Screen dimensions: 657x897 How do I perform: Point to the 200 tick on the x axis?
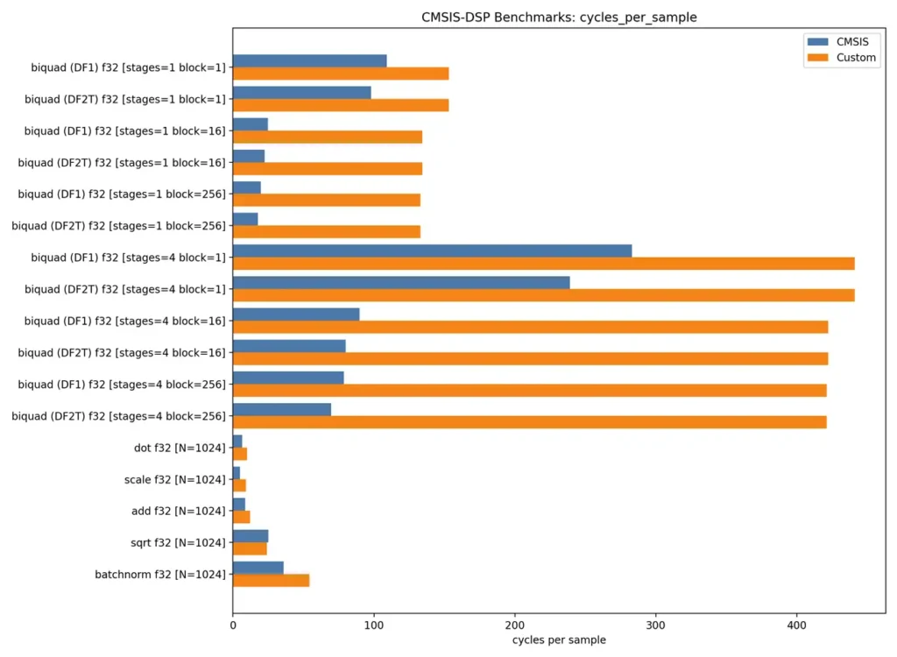515,626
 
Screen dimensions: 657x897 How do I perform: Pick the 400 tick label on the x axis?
796,626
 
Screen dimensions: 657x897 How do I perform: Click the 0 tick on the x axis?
233,626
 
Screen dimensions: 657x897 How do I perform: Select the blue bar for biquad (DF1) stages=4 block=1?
432,251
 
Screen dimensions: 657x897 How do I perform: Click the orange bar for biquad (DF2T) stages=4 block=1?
543,295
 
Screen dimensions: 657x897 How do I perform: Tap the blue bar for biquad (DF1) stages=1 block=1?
309,60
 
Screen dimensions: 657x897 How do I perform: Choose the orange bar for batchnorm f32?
271,580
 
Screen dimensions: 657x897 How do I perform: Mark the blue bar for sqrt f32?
251,535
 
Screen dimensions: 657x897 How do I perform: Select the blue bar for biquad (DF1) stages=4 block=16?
296,314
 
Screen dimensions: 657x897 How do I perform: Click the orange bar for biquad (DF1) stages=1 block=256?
326,200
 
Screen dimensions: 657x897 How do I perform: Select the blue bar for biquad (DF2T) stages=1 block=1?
301,92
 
